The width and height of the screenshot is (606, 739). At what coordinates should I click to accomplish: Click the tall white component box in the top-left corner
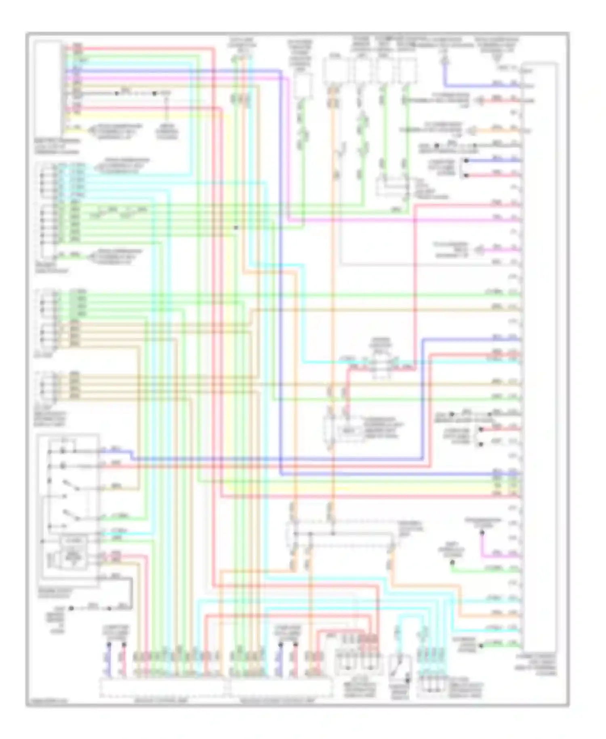coord(48,83)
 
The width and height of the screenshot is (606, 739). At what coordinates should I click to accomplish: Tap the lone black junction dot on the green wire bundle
coord(236,228)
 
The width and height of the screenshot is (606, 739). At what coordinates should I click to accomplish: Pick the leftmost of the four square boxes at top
coord(332,71)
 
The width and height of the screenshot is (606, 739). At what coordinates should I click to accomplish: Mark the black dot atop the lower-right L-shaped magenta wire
coord(482,532)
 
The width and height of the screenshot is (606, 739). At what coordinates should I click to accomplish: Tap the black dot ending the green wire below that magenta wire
coord(452,562)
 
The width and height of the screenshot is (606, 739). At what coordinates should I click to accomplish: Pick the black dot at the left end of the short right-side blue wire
coord(466,160)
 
